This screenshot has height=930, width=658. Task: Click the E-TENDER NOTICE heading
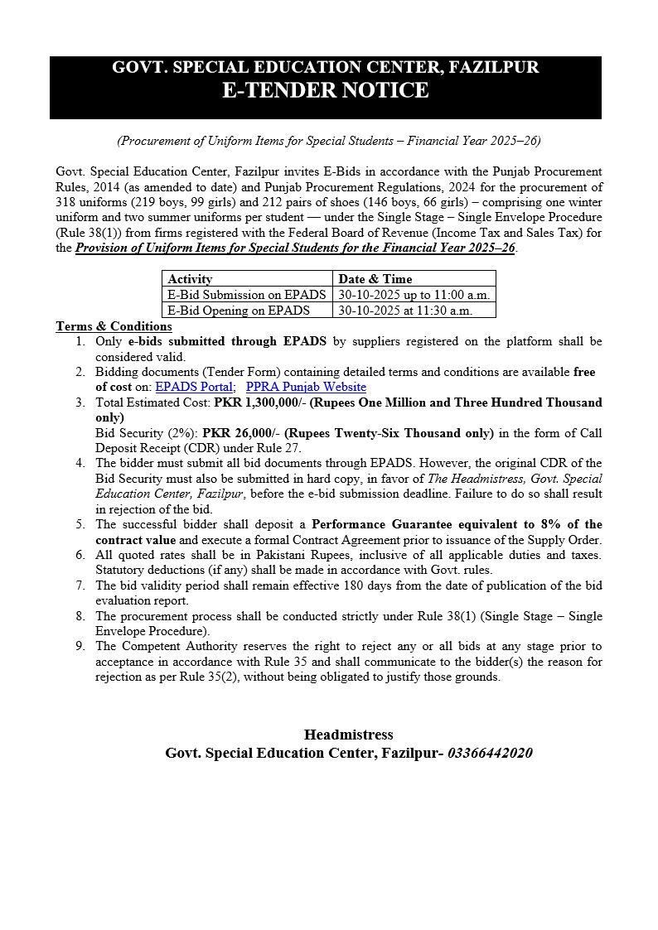(325, 90)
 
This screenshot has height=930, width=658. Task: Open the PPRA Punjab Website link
(306, 387)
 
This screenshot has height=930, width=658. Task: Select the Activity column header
(190, 279)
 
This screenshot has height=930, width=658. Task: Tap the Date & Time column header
(375, 279)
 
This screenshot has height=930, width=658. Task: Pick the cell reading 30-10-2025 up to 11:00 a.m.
(414, 295)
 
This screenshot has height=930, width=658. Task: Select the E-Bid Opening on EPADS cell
(239, 311)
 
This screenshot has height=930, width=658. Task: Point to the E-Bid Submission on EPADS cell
(246, 295)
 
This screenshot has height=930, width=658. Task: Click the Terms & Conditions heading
(114, 326)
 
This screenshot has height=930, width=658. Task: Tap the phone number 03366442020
(490, 753)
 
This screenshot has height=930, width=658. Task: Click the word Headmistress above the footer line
(348, 735)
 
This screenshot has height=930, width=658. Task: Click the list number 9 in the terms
(80, 646)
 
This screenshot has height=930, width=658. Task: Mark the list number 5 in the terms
(80, 525)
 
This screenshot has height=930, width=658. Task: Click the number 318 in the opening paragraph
(65, 202)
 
